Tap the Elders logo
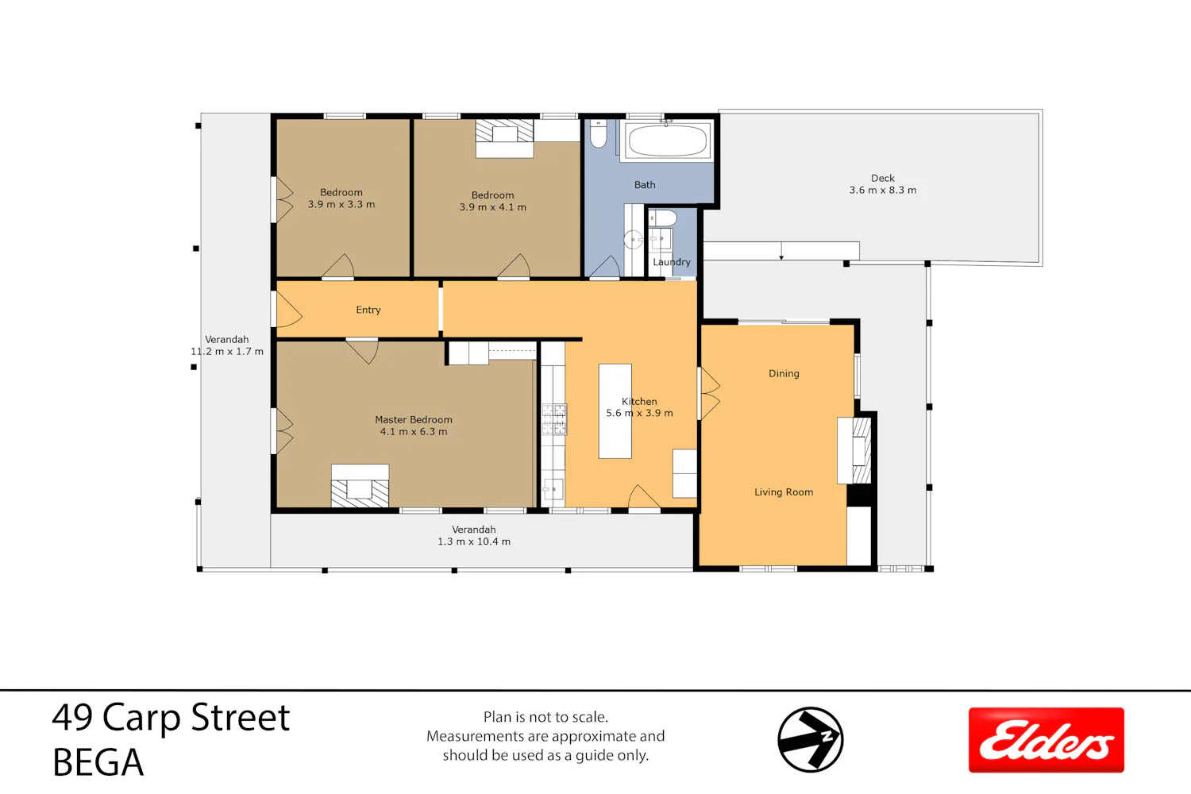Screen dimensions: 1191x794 pyautogui.click(x=1046, y=740)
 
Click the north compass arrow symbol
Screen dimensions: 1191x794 pyautogui.click(x=811, y=739)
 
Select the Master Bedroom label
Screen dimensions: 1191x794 pyautogui.click(x=414, y=419)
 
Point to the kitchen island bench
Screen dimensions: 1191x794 pyautogui.click(x=615, y=411)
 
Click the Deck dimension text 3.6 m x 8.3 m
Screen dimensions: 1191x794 pyautogui.click(x=883, y=190)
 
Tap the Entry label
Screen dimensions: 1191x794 pyautogui.click(x=368, y=310)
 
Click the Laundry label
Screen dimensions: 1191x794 pyautogui.click(x=672, y=262)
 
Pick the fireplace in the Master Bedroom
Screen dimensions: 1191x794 pyautogui.click(x=360, y=486)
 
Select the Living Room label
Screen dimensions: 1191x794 pyautogui.click(x=784, y=492)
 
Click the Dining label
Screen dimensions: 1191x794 pyautogui.click(x=784, y=373)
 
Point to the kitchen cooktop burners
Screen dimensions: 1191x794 pyautogui.click(x=553, y=419)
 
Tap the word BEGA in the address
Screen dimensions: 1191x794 pyautogui.click(x=98, y=762)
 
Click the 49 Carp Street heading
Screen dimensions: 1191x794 pyautogui.click(x=171, y=718)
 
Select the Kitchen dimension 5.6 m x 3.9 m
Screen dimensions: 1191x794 pyautogui.click(x=640, y=413)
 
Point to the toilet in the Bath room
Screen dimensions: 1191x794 pyautogui.click(x=598, y=134)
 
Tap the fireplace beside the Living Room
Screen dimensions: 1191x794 pyautogui.click(x=855, y=450)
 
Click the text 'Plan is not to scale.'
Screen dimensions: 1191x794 pyautogui.click(x=545, y=717)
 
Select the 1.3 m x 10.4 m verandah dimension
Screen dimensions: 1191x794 pyautogui.click(x=474, y=542)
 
